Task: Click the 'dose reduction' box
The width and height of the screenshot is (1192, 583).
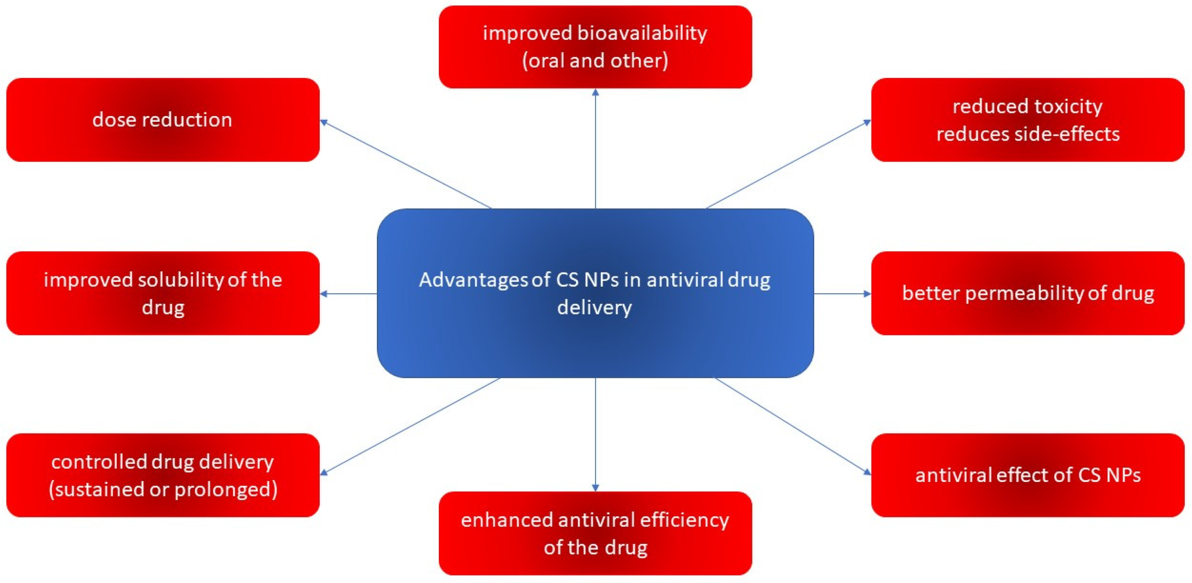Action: pyautogui.click(x=162, y=120)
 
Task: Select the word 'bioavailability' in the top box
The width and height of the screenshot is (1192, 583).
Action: pyautogui.click(x=642, y=33)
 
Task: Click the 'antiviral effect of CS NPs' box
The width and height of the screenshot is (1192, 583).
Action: pyautogui.click(x=1028, y=475)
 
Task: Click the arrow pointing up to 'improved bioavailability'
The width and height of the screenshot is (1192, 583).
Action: pyautogui.click(x=596, y=148)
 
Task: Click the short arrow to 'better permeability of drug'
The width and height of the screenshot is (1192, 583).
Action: pyautogui.click(x=842, y=293)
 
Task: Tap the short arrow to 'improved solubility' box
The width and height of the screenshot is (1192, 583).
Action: pyautogui.click(x=348, y=293)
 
